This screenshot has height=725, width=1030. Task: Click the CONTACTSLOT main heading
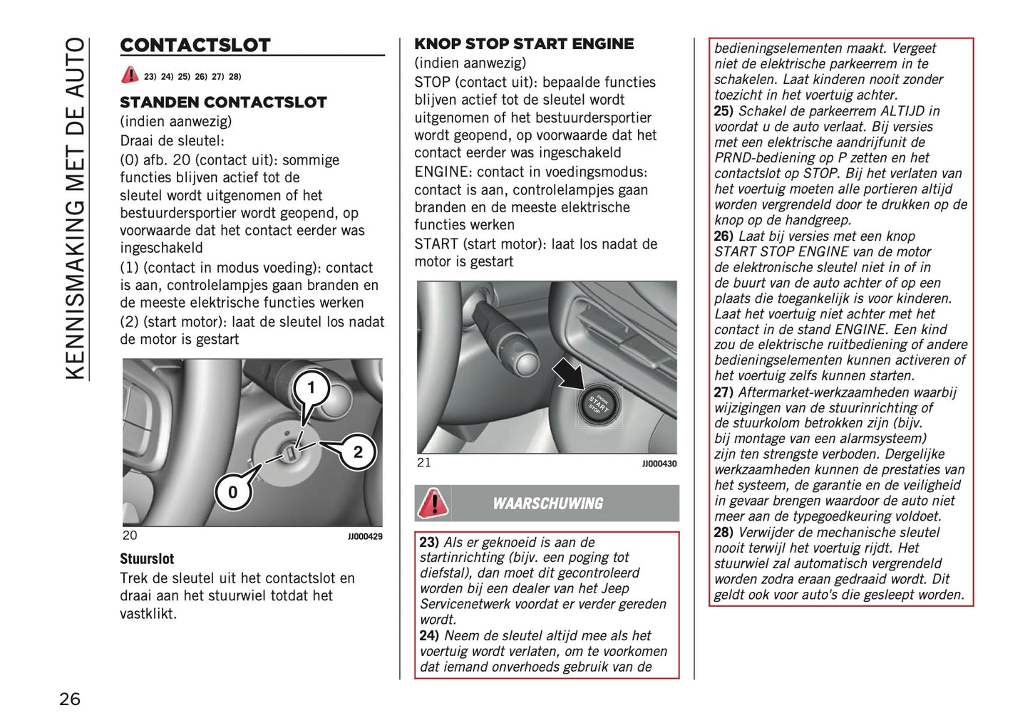pos(195,45)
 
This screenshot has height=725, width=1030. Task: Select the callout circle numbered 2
pos(358,452)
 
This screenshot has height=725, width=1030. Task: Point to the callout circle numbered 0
pos(232,492)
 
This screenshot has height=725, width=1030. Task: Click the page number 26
pos(70,699)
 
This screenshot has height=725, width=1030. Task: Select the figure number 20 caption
pos(130,536)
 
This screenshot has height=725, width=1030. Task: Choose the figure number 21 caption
pos(424,463)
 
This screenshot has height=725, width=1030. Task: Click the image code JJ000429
pos(365,536)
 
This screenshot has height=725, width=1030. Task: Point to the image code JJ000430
pos(659,464)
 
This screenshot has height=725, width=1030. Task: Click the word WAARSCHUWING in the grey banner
pos(547,504)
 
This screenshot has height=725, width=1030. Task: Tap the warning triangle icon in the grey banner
pos(433,503)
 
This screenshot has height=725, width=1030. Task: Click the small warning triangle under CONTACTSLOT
pos(130,75)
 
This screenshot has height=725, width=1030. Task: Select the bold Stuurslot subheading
pos(147,559)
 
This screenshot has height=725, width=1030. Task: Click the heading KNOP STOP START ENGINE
pos(524,44)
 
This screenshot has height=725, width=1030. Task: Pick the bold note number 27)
pos(723,392)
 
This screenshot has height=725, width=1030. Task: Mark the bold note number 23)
pos(429,542)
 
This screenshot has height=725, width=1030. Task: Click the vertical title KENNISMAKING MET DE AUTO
pos(75,208)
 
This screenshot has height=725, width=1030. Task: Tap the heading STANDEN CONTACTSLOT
pos(223,102)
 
